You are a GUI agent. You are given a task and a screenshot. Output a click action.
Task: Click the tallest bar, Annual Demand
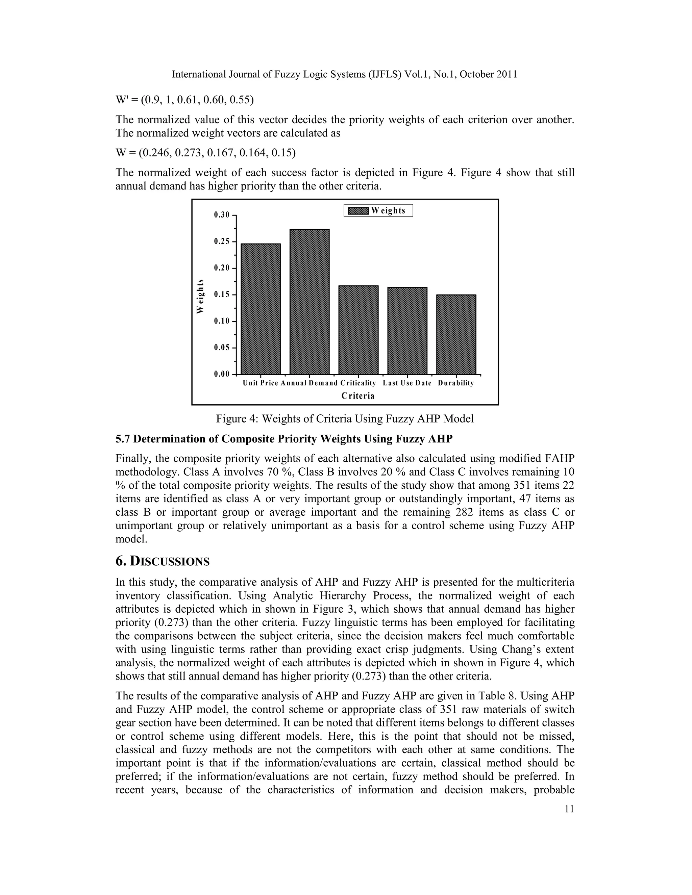(309, 302)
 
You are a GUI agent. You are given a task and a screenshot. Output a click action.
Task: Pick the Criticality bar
(358, 330)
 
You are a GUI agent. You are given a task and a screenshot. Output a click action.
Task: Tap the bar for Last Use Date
(407, 330)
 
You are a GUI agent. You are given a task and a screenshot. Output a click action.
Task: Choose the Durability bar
(456, 334)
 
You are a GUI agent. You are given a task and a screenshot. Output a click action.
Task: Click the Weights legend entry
(378, 211)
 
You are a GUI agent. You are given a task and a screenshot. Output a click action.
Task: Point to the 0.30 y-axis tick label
(222, 215)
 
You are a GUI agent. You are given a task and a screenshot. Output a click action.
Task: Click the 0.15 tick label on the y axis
(222, 295)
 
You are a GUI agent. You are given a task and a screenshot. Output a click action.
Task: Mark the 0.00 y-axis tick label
(222, 374)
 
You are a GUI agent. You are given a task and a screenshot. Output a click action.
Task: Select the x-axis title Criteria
(358, 396)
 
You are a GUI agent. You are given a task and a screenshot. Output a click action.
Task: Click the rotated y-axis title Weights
(200, 296)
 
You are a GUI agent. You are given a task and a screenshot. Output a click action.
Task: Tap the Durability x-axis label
(456, 383)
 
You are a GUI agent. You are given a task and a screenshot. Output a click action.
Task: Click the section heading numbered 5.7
(284, 439)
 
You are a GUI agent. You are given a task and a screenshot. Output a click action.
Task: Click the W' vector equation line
(184, 100)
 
